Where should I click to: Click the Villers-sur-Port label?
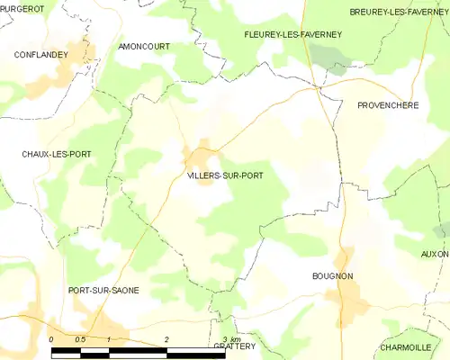(225, 175)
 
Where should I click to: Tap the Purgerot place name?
(22, 9)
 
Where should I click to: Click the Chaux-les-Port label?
(57, 155)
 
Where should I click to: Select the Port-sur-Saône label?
(103, 290)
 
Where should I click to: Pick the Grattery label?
(235, 346)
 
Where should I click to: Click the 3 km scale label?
(230, 338)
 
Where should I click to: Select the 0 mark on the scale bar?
(52, 338)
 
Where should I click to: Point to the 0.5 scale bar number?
(80, 338)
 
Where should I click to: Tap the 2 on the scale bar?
(167, 338)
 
